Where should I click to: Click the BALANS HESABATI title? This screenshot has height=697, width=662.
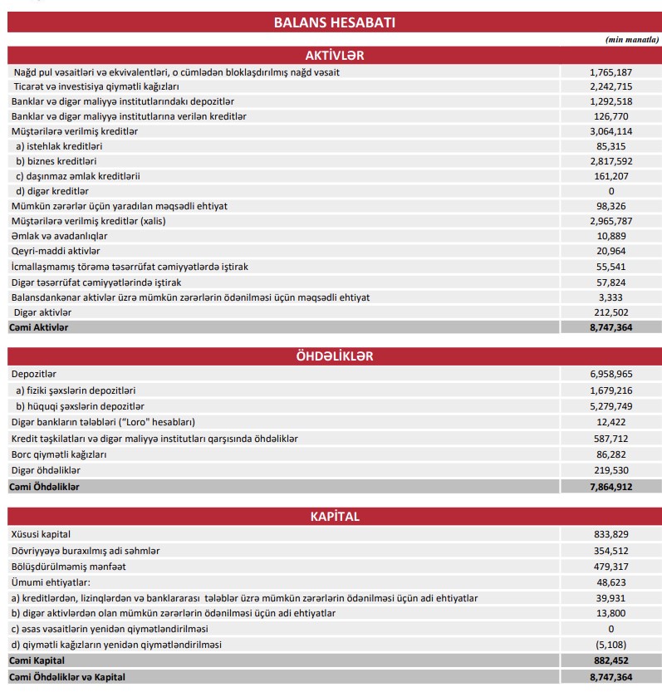coord(334,22)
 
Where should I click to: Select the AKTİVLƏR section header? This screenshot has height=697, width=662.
coord(334,56)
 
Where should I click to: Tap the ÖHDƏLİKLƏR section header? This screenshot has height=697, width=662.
coord(334,356)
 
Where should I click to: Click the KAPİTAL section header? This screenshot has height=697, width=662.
coord(334,517)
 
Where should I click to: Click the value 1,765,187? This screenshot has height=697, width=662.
coord(611,72)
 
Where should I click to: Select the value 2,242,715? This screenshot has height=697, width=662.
coord(611,86)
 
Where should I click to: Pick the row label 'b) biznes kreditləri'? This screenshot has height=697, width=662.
coord(59,161)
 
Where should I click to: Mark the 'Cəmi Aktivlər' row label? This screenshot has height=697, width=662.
coord(39,327)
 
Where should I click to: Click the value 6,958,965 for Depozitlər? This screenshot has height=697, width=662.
coord(611,375)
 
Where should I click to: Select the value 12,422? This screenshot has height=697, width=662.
coord(616,422)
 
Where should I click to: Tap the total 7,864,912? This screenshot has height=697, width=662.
coord(611,486)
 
